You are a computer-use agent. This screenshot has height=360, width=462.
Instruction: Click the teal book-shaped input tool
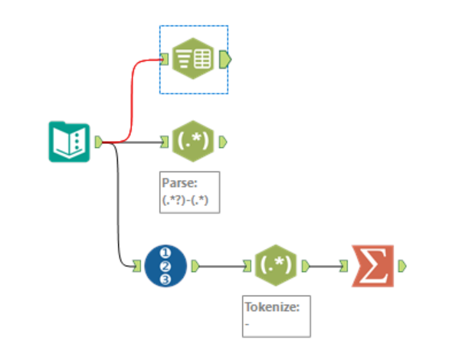point(69,142)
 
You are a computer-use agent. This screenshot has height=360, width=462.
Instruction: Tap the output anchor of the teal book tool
point(98,142)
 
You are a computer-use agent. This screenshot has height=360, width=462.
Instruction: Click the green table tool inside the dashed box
point(194,59)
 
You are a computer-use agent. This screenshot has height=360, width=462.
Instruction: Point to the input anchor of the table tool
point(165,59)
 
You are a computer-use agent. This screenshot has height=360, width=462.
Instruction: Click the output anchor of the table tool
point(224,59)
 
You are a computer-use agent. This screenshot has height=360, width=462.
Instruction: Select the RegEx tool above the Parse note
point(194,142)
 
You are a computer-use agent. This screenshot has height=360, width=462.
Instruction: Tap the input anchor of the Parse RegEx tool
point(165,142)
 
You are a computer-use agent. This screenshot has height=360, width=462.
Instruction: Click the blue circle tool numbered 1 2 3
point(165,266)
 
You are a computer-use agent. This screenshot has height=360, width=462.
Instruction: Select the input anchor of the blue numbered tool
point(139,266)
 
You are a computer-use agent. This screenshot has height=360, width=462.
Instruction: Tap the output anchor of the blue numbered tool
point(195,266)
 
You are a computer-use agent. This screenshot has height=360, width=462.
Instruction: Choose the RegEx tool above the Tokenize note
point(275,266)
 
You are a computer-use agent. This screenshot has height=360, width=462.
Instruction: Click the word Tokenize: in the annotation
point(266,307)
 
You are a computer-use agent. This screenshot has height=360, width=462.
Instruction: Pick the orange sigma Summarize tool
point(372,266)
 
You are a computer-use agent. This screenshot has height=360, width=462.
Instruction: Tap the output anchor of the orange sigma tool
point(402,266)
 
